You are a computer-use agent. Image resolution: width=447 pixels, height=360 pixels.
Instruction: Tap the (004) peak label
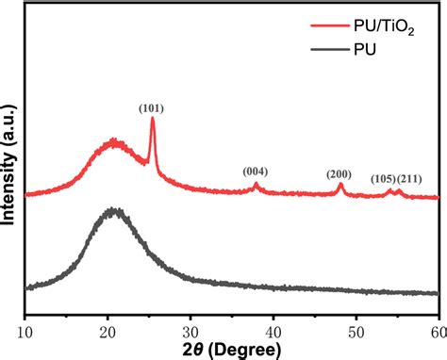256,171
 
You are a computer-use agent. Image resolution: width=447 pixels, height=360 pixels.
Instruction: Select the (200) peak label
339,174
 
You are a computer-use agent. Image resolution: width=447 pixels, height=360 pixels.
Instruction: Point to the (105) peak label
383,179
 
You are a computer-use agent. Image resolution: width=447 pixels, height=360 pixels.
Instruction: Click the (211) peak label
410,179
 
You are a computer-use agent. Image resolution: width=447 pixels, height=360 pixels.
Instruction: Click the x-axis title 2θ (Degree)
230,350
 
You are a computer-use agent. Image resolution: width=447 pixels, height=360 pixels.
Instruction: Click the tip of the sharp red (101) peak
152,119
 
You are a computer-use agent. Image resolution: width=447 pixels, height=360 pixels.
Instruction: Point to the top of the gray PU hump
114,210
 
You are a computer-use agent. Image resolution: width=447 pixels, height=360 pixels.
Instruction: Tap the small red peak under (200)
340,186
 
